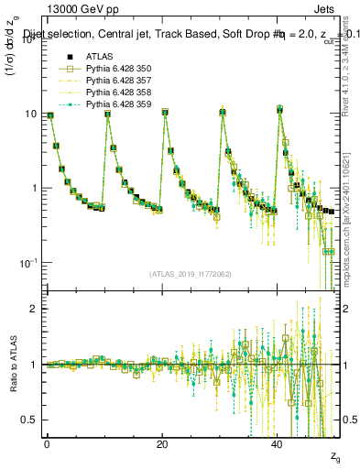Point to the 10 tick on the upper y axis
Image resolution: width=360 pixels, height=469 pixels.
coord(31,114)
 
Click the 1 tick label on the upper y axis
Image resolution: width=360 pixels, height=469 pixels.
coord(34,189)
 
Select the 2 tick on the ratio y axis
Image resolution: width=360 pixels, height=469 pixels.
coord(34,309)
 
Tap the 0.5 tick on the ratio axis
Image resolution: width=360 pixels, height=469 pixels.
coord(30,420)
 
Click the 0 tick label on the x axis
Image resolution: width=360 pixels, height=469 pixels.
coord(47,444)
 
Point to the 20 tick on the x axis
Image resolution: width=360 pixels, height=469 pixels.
coord(161,444)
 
